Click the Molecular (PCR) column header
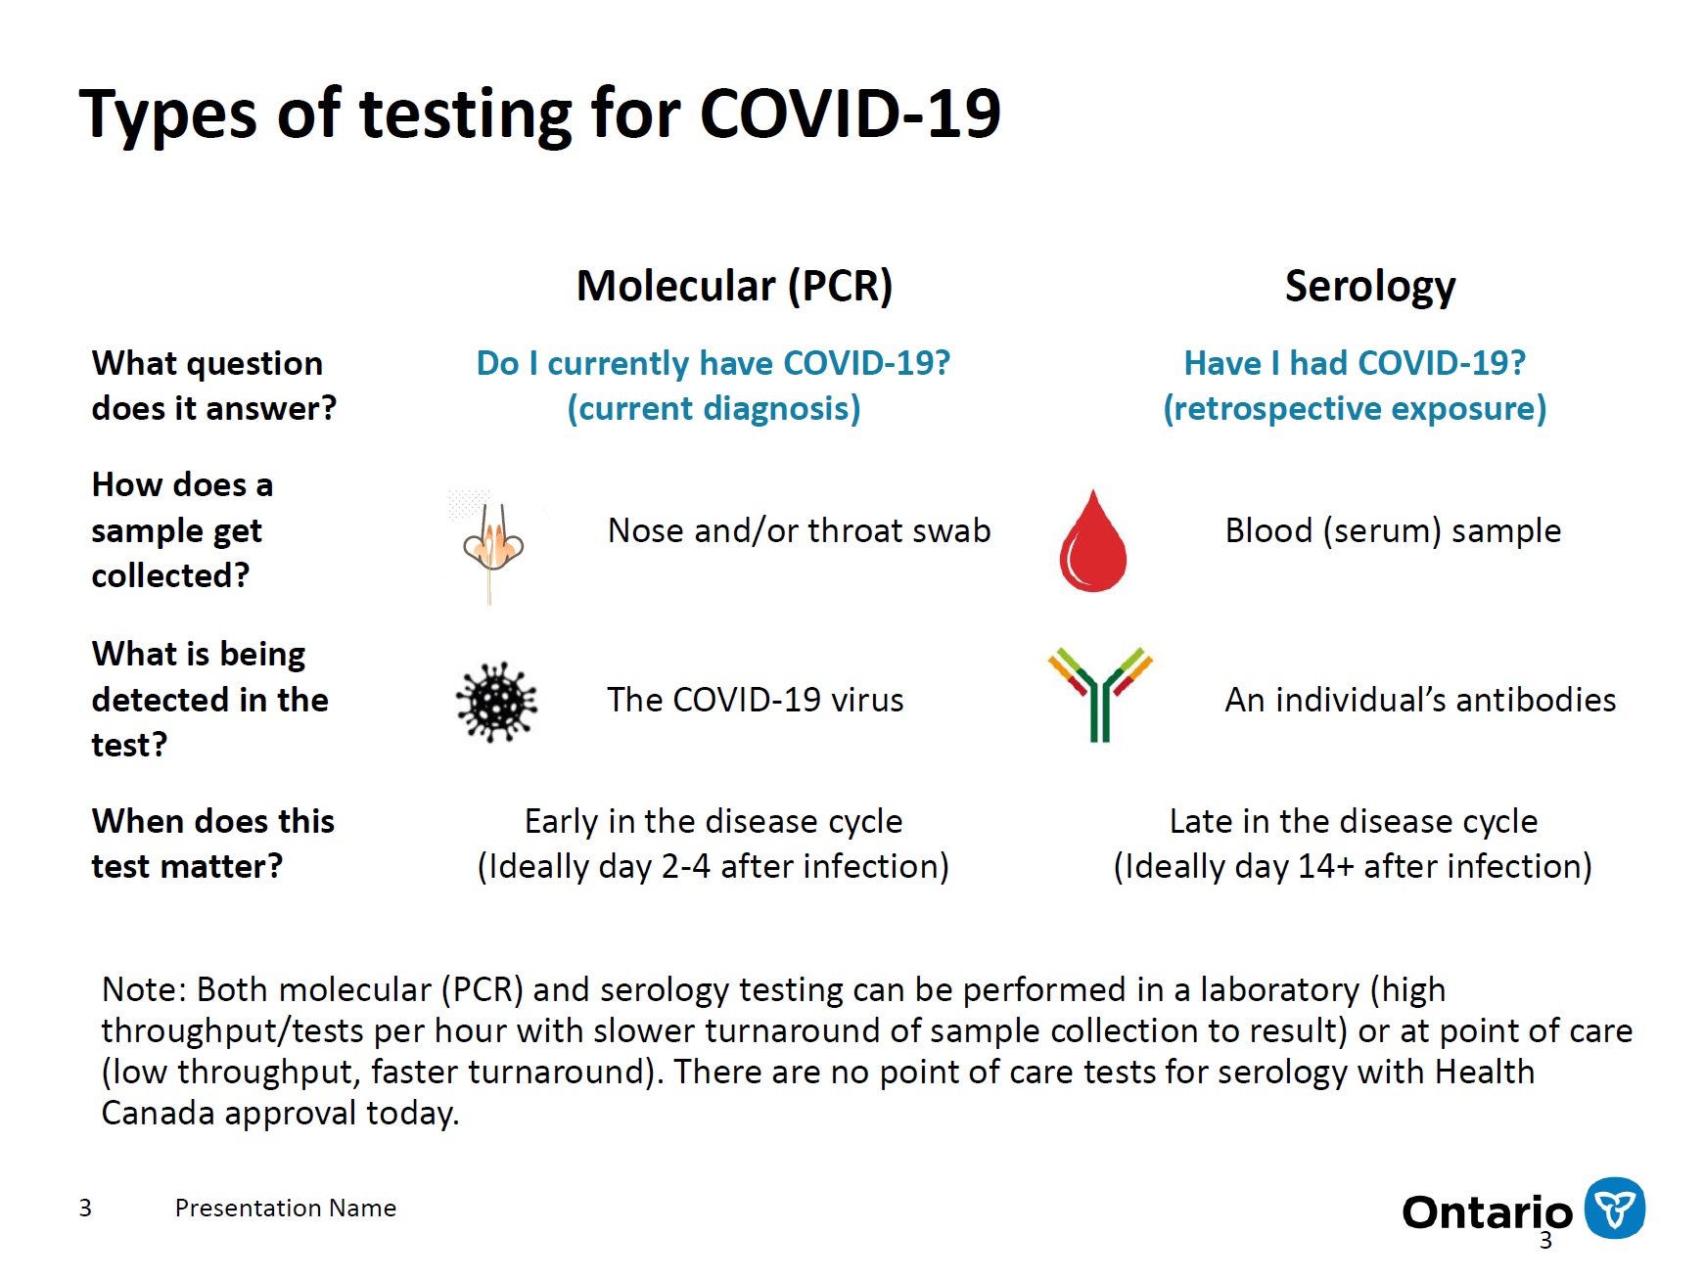[x=734, y=287]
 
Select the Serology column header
[x=1369, y=287]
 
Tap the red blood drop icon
[x=1092, y=542]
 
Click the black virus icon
[x=496, y=702]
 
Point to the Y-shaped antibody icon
[x=1099, y=693]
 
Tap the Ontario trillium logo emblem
[x=1614, y=1208]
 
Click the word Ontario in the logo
[x=1486, y=1212]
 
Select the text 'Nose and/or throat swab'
[x=799, y=531]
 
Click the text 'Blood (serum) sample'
[x=1392, y=531]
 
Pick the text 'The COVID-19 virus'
[x=755, y=701]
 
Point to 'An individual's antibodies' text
[x=1419, y=701]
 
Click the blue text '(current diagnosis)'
[x=714, y=409]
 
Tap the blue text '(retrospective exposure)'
[x=1354, y=409]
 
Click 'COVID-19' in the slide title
[x=850, y=114]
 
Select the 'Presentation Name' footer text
[x=285, y=1209]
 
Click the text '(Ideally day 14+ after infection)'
[x=1353, y=867]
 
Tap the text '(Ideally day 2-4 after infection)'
[x=713, y=867]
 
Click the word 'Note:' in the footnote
[x=143, y=990]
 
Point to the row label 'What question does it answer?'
[x=213, y=386]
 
